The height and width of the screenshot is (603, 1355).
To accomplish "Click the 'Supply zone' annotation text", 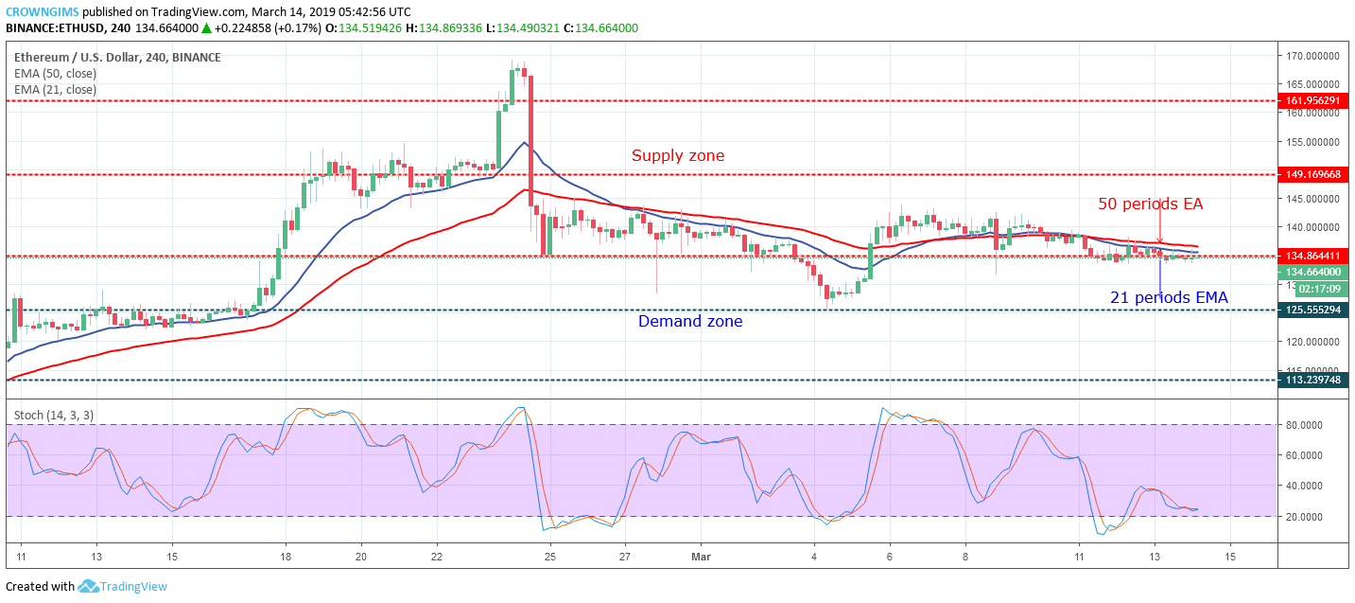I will (678, 155).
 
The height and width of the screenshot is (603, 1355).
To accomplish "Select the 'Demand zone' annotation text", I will (690, 322).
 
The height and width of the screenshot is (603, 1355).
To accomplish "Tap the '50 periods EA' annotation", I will (1150, 204).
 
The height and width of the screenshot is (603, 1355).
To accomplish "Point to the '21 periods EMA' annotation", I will (1169, 298).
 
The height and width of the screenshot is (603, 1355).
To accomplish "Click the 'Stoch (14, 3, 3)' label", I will (53, 415).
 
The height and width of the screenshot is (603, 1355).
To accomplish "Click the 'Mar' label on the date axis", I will (702, 558).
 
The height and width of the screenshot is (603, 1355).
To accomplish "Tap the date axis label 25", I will (549, 558).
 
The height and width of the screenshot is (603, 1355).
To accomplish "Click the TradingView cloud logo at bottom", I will (89, 587).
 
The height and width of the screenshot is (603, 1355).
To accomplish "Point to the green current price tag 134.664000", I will (1312, 272).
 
